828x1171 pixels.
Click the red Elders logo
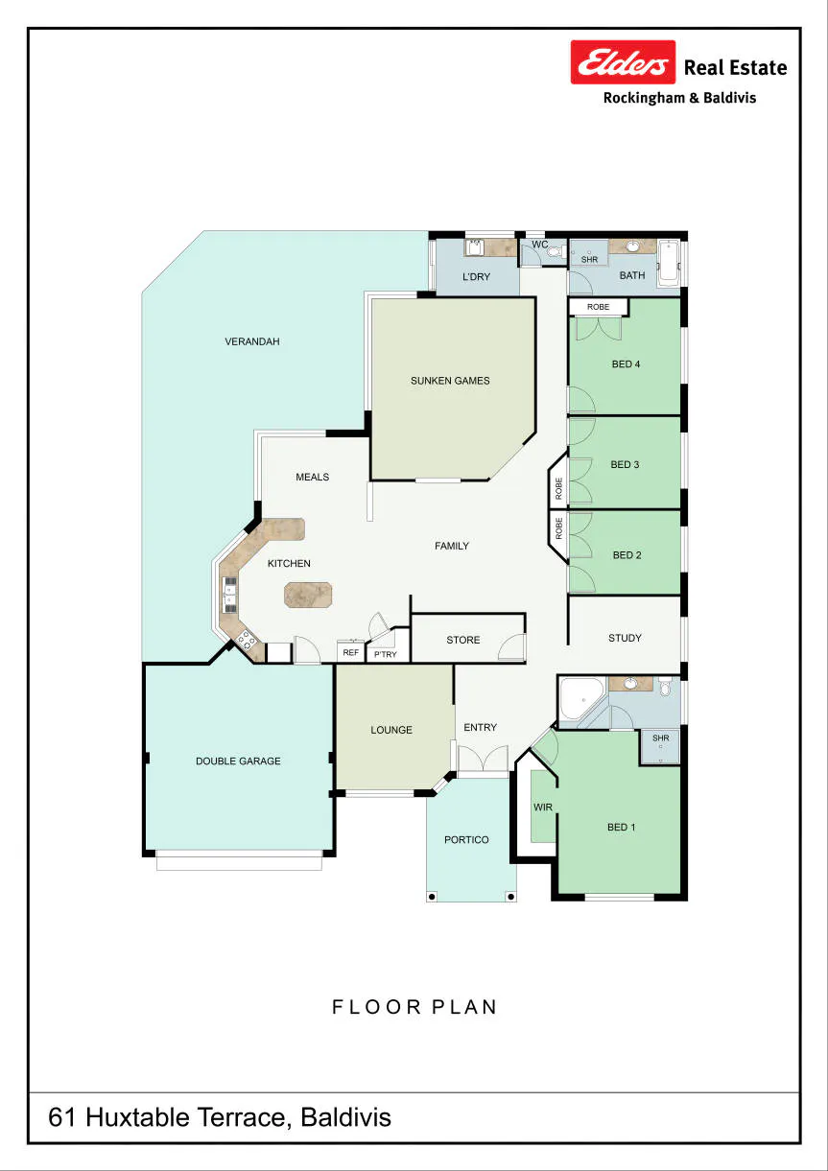pyautogui.click(x=623, y=61)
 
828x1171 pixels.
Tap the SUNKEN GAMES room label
pyautogui.click(x=450, y=381)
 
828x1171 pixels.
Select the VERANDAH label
pyautogui.click(x=252, y=341)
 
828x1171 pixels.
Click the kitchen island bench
pyautogui.click(x=308, y=595)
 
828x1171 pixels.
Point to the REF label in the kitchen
pyautogui.click(x=350, y=652)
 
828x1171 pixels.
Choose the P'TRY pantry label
pyautogui.click(x=386, y=654)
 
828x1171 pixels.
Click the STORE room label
pyautogui.click(x=462, y=640)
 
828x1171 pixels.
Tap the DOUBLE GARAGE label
pyautogui.click(x=238, y=761)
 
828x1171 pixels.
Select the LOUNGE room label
pyautogui.click(x=391, y=730)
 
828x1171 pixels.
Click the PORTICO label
pyautogui.click(x=466, y=839)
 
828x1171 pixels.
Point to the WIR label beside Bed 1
pyautogui.click(x=542, y=808)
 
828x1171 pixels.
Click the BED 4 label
pyautogui.click(x=626, y=363)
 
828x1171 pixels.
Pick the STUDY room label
pyautogui.click(x=625, y=638)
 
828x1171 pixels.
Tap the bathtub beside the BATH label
pyautogui.click(x=669, y=263)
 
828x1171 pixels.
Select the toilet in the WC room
pyautogui.click(x=554, y=252)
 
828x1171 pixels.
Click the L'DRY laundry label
pyautogui.click(x=476, y=276)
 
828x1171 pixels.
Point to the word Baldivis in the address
pyautogui.click(x=345, y=1117)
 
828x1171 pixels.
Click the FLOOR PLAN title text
pyautogui.click(x=414, y=1007)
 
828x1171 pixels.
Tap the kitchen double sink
pyautogui.click(x=230, y=595)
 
